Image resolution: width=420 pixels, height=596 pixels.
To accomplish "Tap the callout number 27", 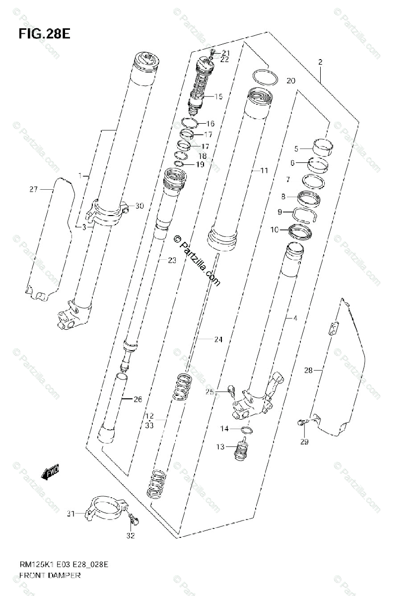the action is click(x=33, y=189).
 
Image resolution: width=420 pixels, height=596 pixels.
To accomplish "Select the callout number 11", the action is click(x=264, y=170).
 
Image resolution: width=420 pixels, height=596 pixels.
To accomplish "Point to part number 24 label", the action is click(x=218, y=340).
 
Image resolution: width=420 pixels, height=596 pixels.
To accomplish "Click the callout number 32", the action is click(x=131, y=535).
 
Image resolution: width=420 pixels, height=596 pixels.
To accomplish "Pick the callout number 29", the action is click(x=304, y=442).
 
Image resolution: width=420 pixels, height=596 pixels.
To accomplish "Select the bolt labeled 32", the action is click(x=133, y=520).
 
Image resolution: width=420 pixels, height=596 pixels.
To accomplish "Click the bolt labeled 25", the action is click(x=230, y=389).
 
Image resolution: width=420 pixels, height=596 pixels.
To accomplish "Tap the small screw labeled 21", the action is click(x=212, y=52).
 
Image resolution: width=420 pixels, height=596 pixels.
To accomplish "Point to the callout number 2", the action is click(x=320, y=62).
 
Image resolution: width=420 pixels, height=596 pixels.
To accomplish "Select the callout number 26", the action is click(x=138, y=399).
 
